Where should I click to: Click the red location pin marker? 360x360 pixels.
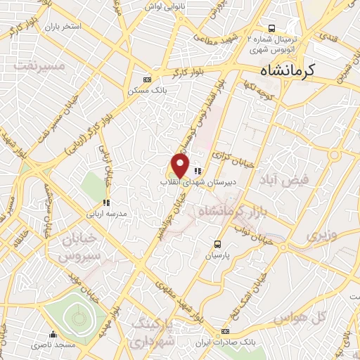pos(181,166)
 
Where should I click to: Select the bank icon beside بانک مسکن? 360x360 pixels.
pos(147,79)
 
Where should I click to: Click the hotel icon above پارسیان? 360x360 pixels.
pos(217,245)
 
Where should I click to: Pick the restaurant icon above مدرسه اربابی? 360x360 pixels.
pos(106,203)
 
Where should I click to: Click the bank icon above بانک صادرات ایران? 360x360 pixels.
pos(225,331)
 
